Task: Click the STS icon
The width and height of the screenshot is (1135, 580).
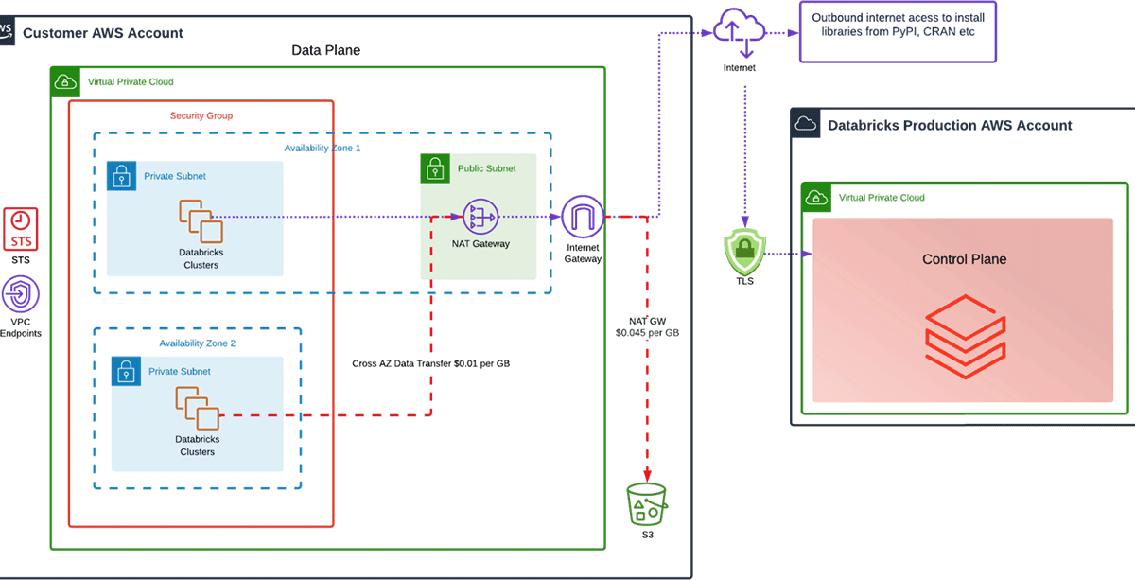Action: point(22,230)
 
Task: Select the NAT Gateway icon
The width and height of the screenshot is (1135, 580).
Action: point(480,219)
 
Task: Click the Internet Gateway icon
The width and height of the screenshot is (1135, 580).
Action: point(582,218)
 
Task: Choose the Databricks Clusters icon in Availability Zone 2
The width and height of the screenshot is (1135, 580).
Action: point(198,409)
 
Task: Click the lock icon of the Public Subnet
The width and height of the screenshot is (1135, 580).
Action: point(434,168)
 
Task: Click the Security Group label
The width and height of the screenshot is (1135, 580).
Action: point(201,116)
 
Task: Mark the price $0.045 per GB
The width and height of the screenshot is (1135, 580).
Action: point(648,333)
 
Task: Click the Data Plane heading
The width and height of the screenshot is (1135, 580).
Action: point(325,50)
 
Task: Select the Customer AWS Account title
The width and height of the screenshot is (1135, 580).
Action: point(102,34)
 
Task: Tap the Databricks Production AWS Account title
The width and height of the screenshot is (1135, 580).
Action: point(950,125)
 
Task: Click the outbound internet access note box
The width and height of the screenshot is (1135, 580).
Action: point(898,32)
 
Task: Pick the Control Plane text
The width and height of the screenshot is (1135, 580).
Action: point(964,259)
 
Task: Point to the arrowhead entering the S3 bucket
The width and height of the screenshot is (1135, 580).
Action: point(647,477)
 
